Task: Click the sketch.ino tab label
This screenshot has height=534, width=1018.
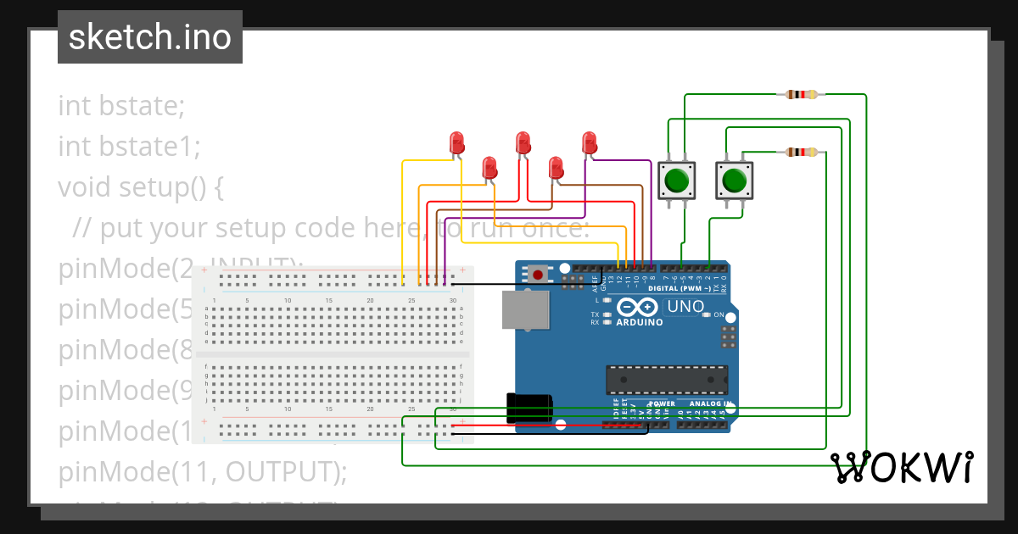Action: coord(150,37)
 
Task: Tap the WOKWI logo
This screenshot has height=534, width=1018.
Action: coord(901,468)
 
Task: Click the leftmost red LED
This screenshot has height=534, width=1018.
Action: coord(457,142)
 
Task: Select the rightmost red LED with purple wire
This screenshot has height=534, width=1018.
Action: coord(590,142)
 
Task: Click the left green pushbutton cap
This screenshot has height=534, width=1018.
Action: coord(677,181)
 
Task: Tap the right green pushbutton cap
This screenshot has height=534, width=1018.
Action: coord(734,181)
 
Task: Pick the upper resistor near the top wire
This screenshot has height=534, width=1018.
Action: coord(802,94)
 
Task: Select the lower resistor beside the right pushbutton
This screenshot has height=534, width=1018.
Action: coord(802,153)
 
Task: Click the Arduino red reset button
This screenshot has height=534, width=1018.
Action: coord(537,275)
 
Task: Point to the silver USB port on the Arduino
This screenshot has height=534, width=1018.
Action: coord(525,310)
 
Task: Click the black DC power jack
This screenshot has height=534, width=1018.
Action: coord(528,408)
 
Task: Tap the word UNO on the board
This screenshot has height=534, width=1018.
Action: coord(685,307)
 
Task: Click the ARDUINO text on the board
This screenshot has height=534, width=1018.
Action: coord(640,322)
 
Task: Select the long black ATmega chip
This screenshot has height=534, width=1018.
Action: coord(666,380)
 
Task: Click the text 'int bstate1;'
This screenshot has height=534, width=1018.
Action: coord(129,147)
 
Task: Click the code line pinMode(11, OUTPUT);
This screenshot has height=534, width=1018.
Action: coord(203,471)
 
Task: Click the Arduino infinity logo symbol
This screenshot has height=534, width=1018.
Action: coord(640,307)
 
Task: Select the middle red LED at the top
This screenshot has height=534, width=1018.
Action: coord(523,142)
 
